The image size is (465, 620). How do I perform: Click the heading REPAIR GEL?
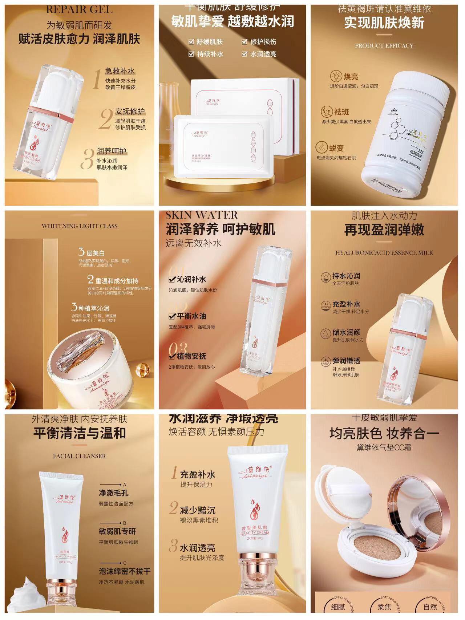tap(79, 9)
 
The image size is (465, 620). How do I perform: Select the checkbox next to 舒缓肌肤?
tap(191, 42)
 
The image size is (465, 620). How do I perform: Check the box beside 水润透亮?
tap(244, 54)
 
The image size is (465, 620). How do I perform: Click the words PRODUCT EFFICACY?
tap(384, 46)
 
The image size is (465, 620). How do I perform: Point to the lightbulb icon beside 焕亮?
tap(336, 76)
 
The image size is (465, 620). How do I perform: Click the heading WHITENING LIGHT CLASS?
tap(79, 226)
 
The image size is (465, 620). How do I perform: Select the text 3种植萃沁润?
tap(90, 308)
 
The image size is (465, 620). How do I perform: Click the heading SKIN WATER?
tap(202, 215)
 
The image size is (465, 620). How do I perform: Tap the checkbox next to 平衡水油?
tap(172, 316)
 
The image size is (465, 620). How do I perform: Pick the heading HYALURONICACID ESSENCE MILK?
tap(384, 252)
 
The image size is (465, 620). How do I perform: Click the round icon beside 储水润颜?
tap(325, 333)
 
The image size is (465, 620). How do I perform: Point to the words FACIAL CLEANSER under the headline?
tap(79, 456)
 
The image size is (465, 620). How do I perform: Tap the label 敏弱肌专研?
tap(117, 531)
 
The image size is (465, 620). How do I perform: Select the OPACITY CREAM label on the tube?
tap(255, 532)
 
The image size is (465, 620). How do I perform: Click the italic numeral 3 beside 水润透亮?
tap(174, 546)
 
